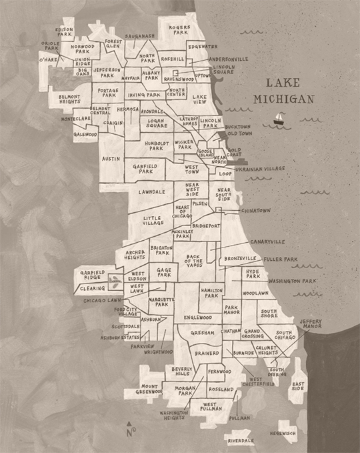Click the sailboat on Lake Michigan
click(277, 119)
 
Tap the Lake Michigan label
click(280, 91)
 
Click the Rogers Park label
click(179, 30)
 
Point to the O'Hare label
click(49, 59)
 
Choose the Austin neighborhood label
click(110, 159)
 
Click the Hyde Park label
click(253, 274)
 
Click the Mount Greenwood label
click(150, 389)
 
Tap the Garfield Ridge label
click(92, 274)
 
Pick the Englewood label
click(197, 318)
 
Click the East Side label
click(298, 386)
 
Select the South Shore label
click(269, 313)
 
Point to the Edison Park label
click(65, 31)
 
